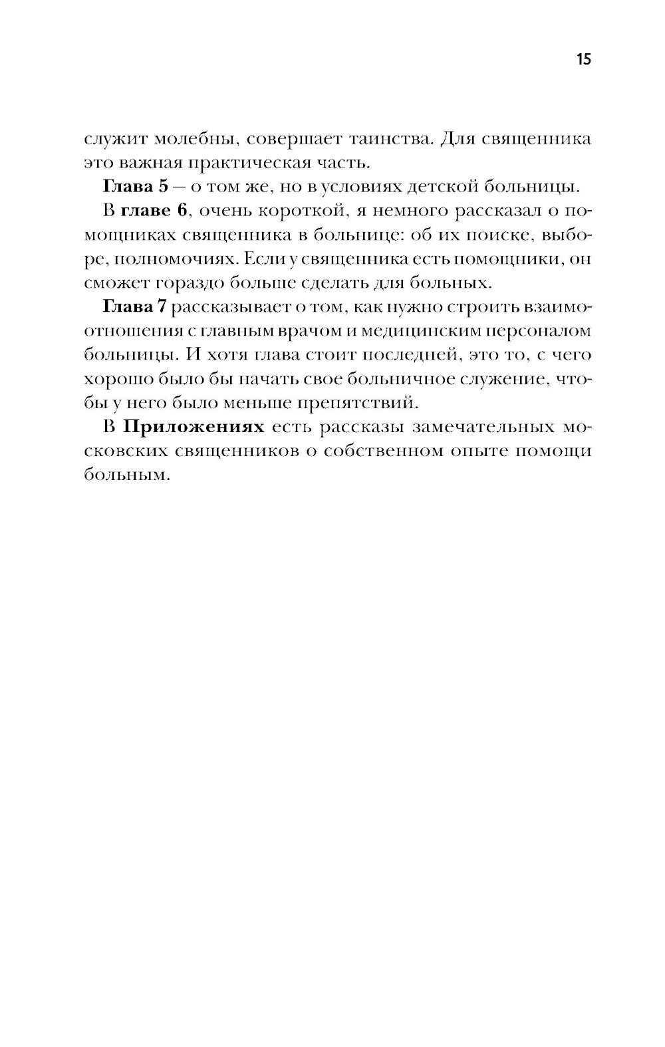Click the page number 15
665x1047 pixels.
(x=583, y=59)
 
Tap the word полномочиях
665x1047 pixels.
(x=168, y=259)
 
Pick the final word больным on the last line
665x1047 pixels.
(x=124, y=475)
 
